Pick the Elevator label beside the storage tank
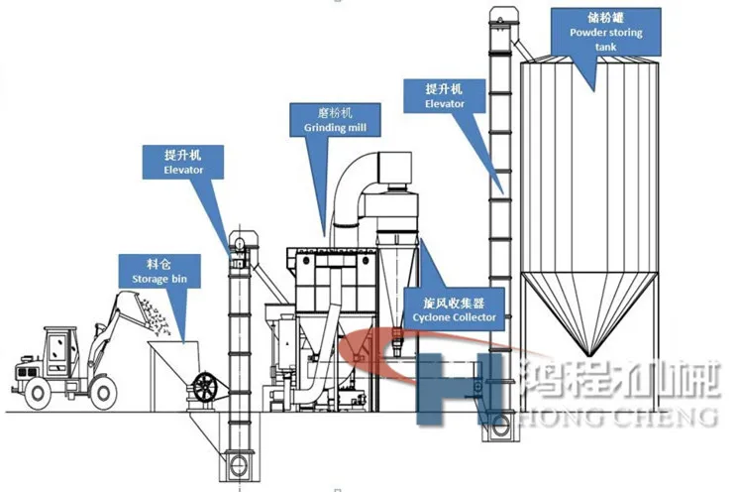(444, 95)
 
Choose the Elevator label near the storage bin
(183, 163)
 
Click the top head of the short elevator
(238, 244)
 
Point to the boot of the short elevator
(240, 462)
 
